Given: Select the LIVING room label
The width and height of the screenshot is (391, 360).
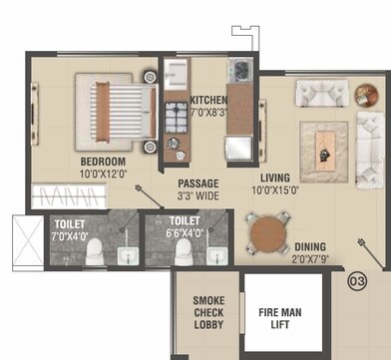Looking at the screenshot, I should [x=274, y=177].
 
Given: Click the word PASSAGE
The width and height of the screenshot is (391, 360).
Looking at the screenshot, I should [x=198, y=183].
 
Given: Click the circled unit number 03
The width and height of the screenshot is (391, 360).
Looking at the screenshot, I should [x=358, y=281].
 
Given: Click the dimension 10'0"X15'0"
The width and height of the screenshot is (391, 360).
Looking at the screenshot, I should [x=274, y=189].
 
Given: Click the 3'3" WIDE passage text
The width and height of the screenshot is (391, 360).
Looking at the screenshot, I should [x=198, y=196].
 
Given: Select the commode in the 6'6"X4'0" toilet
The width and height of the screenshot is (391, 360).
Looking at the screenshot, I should [x=184, y=255].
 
